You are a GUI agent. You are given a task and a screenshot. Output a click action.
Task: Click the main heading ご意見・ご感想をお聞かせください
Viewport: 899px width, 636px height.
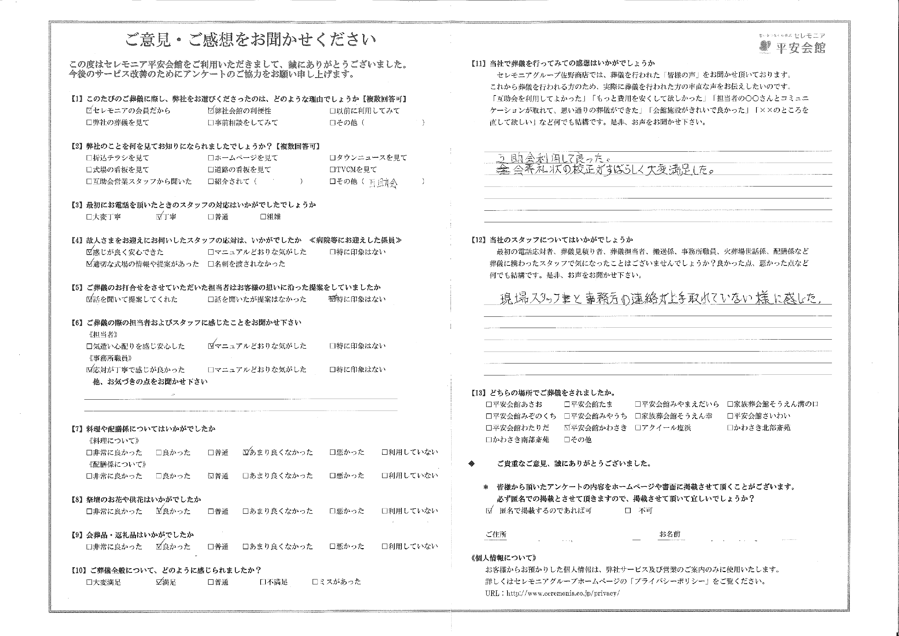(251, 40)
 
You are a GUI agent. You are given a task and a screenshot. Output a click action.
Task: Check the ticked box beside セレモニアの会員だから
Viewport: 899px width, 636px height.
(89, 111)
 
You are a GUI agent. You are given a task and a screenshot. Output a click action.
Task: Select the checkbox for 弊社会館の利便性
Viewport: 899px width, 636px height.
(211, 111)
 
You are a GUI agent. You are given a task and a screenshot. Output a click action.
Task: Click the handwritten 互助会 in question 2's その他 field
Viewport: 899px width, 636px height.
(383, 183)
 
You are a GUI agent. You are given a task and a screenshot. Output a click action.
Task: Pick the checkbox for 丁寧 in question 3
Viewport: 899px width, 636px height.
(159, 217)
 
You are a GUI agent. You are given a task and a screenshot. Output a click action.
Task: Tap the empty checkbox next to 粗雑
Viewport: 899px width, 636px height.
(263, 217)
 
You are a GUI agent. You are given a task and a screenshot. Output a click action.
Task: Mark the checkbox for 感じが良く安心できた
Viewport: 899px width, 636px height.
(89, 252)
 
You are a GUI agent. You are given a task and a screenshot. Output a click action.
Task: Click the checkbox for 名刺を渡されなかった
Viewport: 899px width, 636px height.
(211, 264)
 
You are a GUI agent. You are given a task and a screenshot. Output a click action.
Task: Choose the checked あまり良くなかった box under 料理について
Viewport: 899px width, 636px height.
(245, 452)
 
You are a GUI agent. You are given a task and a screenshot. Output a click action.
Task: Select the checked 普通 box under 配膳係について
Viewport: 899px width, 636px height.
(211, 476)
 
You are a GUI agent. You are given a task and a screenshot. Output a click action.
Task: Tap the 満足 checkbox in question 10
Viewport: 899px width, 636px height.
(159, 582)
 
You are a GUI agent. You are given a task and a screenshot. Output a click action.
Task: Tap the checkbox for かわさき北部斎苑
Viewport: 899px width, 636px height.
(730, 428)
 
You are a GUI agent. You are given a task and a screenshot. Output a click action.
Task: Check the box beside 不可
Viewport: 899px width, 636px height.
(628, 511)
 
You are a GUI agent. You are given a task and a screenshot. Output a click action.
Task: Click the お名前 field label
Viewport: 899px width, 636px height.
(670, 534)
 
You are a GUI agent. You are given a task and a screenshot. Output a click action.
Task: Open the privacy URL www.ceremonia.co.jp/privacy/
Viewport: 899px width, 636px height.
(563, 593)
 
